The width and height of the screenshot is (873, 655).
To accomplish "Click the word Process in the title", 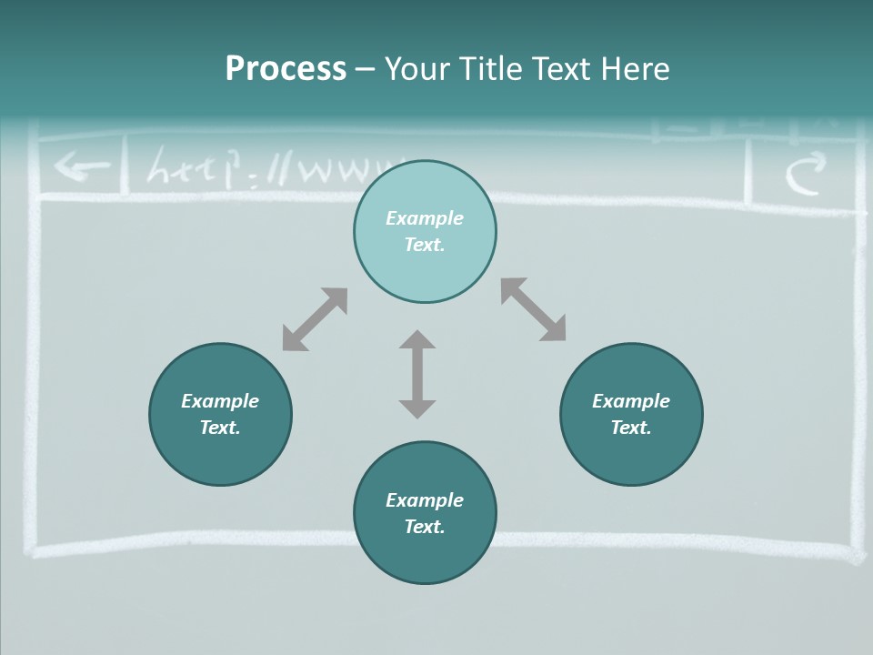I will click(x=286, y=69).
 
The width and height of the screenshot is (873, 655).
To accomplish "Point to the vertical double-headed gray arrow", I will click(x=417, y=375).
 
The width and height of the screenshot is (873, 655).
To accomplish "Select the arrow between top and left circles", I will click(x=315, y=319).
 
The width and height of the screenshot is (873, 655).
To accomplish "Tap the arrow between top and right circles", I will click(x=533, y=309).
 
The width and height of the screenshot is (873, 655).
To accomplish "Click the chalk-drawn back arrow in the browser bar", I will click(x=80, y=167).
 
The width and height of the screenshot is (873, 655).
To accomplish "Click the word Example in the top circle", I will click(x=425, y=218).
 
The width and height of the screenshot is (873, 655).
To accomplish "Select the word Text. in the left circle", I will click(x=220, y=428).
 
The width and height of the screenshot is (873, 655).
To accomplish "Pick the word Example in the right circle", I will click(x=631, y=401).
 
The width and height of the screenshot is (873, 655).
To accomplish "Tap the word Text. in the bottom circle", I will click(x=425, y=527).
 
